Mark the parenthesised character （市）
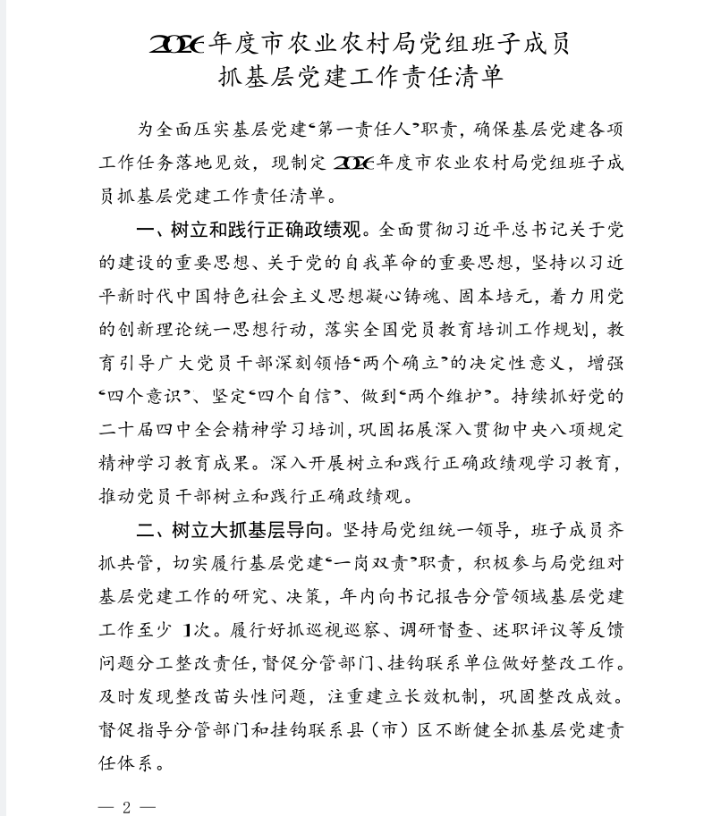398,730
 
